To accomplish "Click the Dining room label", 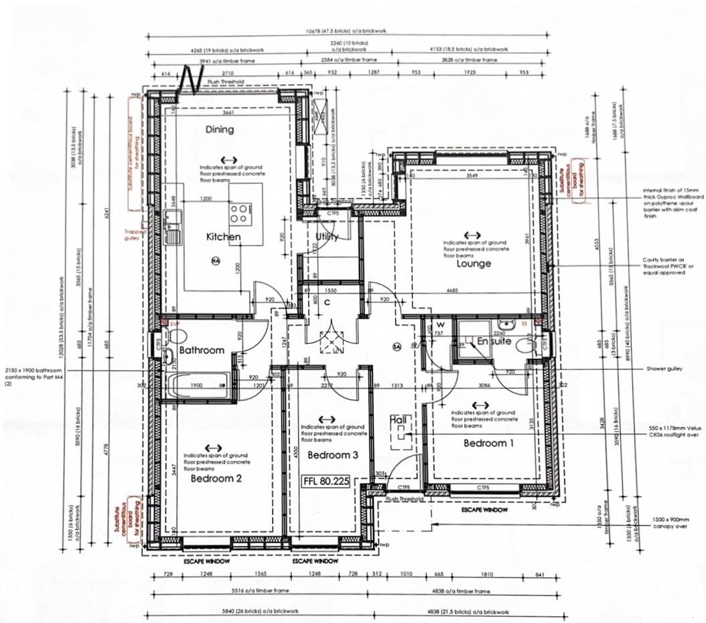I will point(220,129).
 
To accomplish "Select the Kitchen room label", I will point(223,237).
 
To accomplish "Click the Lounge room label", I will point(474,263).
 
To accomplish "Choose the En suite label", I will point(494,342).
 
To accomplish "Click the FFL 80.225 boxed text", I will point(327,480).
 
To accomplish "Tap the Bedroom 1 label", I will point(490,443).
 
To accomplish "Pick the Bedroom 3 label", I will point(333,455).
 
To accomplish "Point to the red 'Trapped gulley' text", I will point(132,235).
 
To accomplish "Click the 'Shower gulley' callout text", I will point(664,368).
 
